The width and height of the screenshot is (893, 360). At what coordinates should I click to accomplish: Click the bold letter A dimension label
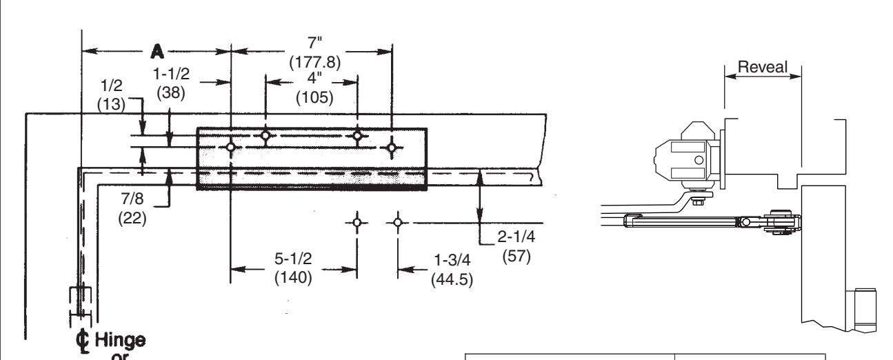[157, 52]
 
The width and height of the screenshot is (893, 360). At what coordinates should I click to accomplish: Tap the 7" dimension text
[315, 43]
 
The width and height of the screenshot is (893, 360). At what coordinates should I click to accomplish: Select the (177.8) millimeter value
[315, 62]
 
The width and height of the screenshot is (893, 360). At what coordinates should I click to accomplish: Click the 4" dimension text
[314, 78]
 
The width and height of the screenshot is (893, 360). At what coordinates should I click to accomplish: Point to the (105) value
[314, 97]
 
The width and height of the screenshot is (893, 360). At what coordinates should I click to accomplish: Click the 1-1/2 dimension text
[172, 74]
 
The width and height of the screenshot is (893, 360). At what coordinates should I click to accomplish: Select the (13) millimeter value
[112, 104]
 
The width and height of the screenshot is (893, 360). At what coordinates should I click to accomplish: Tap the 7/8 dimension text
[132, 198]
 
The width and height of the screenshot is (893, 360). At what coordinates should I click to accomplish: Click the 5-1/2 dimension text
[293, 259]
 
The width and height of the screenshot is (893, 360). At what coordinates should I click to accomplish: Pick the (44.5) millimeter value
[452, 279]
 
